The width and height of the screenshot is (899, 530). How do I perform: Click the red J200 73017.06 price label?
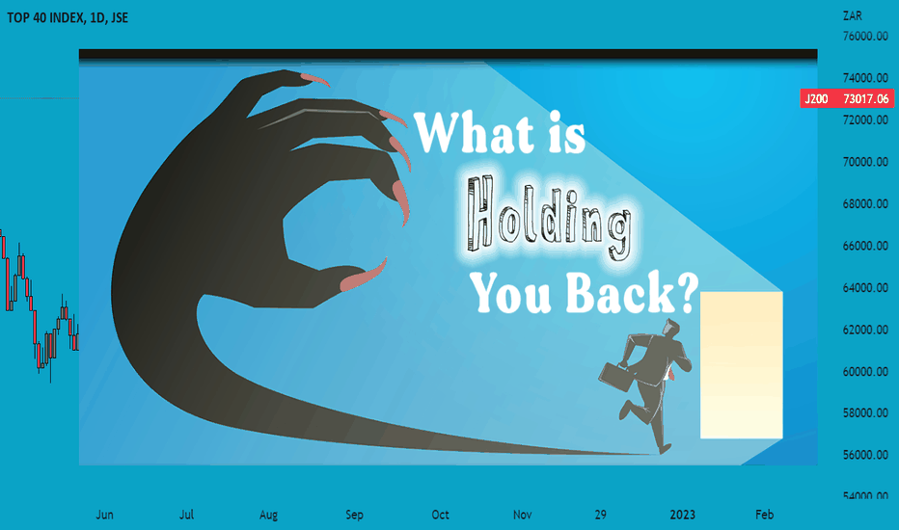click(x=846, y=98)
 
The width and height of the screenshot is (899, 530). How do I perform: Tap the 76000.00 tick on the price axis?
click(x=865, y=36)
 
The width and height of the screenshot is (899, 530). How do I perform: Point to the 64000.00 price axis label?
click(x=865, y=287)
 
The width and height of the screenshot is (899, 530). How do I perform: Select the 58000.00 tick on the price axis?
click(x=865, y=413)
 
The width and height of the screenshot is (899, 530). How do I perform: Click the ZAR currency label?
click(x=853, y=16)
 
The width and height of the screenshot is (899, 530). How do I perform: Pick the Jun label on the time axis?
click(x=104, y=515)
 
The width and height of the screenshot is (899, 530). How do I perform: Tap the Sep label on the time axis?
click(x=354, y=515)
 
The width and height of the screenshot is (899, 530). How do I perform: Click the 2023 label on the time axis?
click(x=682, y=515)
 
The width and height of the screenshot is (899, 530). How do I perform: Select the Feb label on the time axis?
click(x=764, y=515)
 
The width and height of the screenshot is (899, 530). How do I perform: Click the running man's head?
click(x=670, y=329)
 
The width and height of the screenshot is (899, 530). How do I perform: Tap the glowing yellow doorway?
click(x=742, y=365)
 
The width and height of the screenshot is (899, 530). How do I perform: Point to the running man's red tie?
click(x=667, y=374)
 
